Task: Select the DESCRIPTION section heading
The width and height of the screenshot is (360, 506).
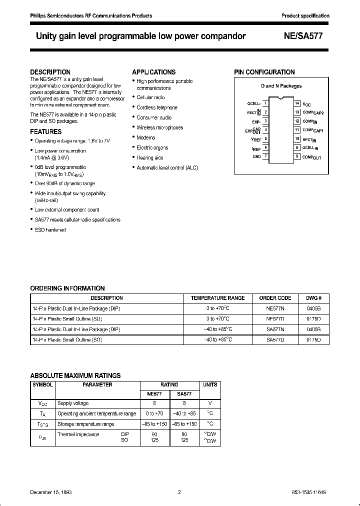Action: pos(50,72)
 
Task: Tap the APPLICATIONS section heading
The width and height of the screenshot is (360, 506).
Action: pos(153,72)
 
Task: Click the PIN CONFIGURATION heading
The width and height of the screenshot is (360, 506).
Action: pos(264,72)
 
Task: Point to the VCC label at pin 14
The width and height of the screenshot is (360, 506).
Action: pos(307,104)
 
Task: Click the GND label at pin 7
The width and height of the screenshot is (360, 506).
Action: pos(256,156)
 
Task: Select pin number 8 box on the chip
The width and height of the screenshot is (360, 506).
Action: pos(297,156)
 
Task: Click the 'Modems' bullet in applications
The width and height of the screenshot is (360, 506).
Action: pos(146,137)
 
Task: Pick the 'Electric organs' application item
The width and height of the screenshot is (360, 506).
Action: pos(152,147)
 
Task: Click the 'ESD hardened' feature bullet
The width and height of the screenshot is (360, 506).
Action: pos(50,230)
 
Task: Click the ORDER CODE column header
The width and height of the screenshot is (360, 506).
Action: pos(275,298)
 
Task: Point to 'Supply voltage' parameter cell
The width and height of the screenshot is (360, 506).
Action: pos(73,403)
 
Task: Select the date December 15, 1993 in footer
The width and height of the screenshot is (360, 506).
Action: pos(51,492)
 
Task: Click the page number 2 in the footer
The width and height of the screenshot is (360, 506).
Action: pos(179,492)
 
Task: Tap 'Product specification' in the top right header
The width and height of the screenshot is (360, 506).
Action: pos(305,16)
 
